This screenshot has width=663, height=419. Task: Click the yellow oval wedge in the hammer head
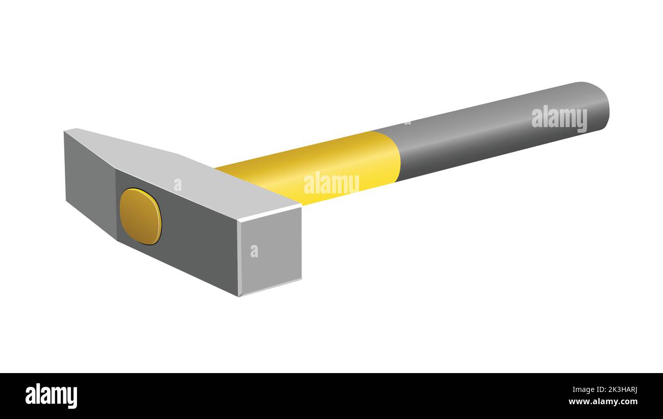click(141, 216)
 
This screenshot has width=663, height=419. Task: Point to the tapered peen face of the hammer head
click(89, 181)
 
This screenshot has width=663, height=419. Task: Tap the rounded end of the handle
click(599, 105)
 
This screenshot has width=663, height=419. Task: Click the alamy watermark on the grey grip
click(559, 118)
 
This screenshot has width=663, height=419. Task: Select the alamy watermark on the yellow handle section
click(331, 184)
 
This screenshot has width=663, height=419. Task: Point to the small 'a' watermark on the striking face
click(254, 251)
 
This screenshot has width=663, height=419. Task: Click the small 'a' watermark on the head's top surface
click(177, 185)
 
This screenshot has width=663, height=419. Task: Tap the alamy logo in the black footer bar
click(51, 396)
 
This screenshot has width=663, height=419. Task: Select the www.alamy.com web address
click(602, 402)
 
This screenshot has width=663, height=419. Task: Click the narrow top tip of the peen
click(71, 131)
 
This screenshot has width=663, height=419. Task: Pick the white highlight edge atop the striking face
click(270, 213)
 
